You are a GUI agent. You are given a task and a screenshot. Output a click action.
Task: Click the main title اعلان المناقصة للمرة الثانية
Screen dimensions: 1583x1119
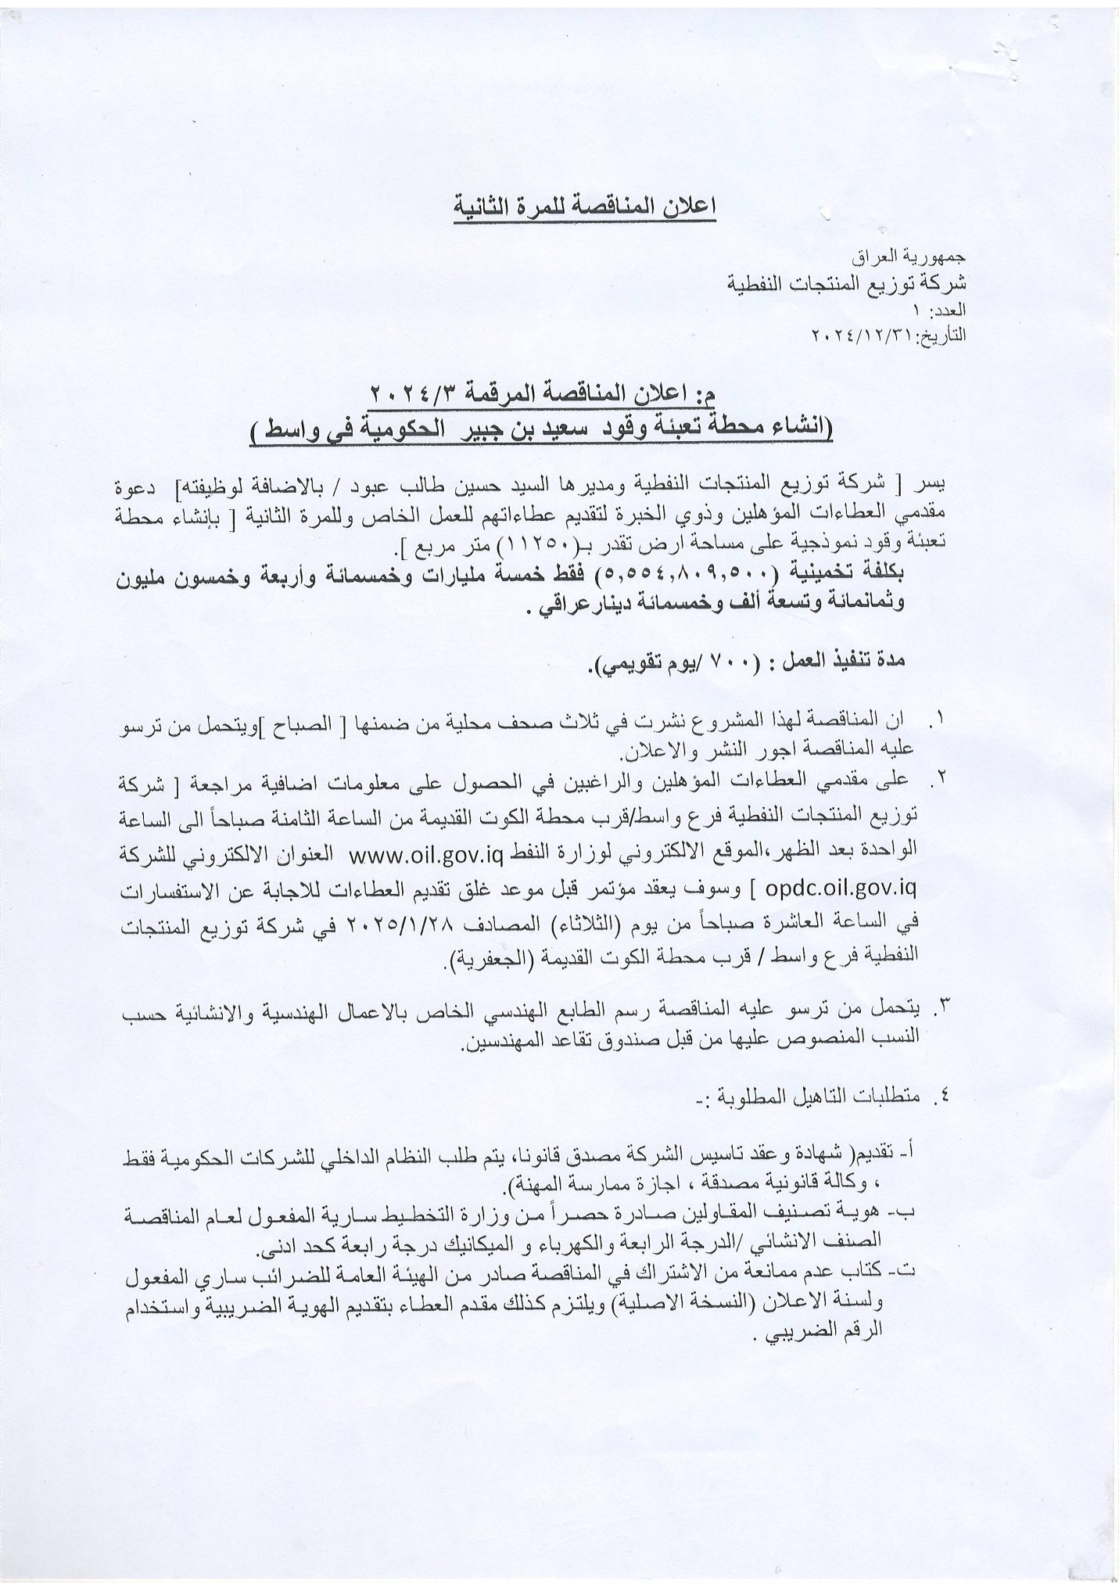[x=586, y=209]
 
